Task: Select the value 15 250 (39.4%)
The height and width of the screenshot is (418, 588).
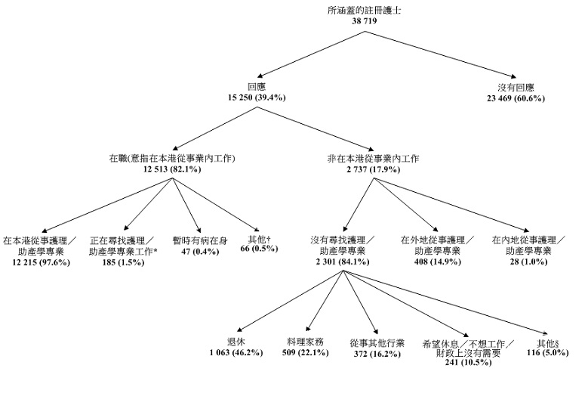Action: pyautogui.click(x=256, y=98)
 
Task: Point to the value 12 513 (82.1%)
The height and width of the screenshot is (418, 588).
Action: pyautogui.click(x=172, y=169)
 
